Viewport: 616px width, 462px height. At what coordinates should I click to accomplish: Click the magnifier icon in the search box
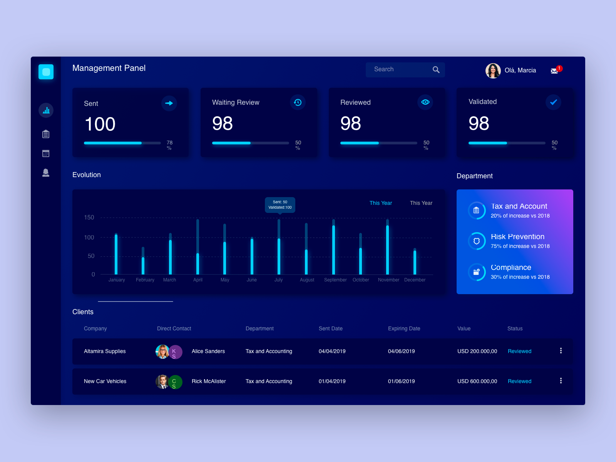(x=436, y=70)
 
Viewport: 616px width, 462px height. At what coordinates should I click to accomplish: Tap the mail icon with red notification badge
(x=554, y=71)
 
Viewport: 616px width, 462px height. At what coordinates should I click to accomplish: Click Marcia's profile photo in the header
(x=493, y=71)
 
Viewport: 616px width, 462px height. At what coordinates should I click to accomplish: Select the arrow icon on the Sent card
(x=169, y=103)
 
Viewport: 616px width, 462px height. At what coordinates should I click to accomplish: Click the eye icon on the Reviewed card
(x=425, y=102)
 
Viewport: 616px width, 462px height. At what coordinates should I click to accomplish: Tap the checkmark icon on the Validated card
(x=553, y=102)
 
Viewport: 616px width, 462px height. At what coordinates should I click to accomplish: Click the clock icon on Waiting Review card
(x=298, y=102)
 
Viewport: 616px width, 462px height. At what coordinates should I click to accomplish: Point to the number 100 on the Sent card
(x=100, y=124)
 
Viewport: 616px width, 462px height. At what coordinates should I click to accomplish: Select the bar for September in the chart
(x=333, y=248)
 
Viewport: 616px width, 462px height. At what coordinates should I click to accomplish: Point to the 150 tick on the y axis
(x=89, y=218)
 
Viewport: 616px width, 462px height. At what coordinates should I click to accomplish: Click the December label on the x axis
(x=415, y=280)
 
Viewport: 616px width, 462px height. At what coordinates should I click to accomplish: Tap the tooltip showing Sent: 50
(x=280, y=205)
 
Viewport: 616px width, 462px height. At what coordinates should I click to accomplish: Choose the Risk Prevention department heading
(x=517, y=237)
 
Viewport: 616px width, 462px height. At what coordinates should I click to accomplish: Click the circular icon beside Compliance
(x=477, y=272)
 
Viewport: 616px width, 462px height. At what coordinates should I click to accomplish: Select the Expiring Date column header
(x=404, y=328)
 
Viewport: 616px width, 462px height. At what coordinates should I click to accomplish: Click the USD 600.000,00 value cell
(x=477, y=381)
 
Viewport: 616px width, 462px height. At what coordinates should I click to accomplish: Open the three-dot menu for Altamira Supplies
(x=561, y=351)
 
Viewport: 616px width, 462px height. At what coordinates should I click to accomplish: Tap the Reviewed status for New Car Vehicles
(x=519, y=381)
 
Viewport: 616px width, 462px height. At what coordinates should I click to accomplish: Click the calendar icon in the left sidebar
(x=46, y=153)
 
